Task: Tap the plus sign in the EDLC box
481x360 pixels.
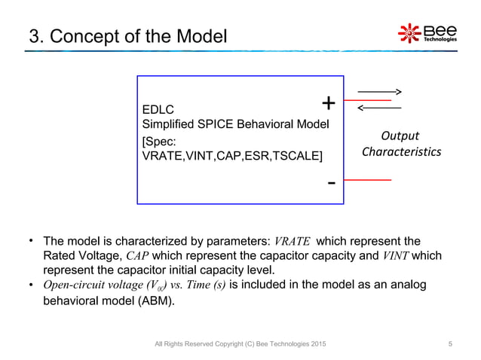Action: tap(329, 103)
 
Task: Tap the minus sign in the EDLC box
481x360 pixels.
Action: tap(330, 183)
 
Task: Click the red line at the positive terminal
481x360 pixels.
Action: tap(367, 99)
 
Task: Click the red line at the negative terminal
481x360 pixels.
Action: tap(367, 181)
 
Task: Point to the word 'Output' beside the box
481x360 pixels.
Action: tap(400, 136)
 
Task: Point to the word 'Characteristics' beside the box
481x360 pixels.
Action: tap(401, 152)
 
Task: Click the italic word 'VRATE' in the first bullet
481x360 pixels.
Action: tap(292, 242)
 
